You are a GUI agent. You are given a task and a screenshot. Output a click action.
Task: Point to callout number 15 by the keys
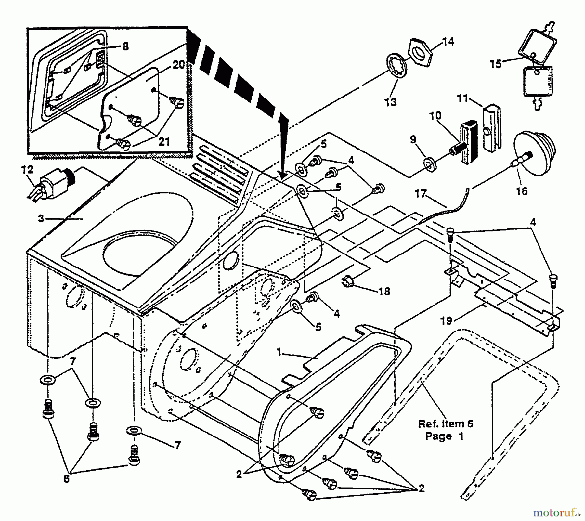click(x=496, y=64)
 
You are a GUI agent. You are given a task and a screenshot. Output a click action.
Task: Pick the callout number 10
click(x=435, y=116)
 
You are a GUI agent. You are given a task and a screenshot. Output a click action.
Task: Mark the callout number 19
click(x=446, y=321)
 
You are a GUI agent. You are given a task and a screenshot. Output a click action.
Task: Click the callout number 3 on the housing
click(x=41, y=219)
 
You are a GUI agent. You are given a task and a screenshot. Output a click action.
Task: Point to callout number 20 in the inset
click(x=178, y=65)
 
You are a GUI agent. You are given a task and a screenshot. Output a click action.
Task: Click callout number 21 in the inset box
click(x=164, y=142)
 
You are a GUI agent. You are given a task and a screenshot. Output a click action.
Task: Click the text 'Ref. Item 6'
click(x=445, y=424)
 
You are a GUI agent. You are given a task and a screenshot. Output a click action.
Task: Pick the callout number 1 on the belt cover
click(x=279, y=352)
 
